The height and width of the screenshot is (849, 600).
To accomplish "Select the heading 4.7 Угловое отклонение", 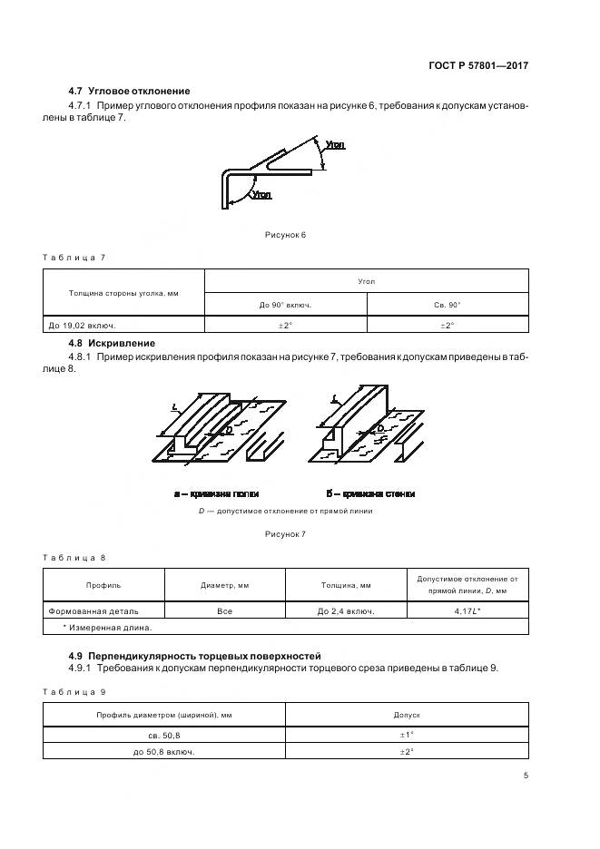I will pyautogui.click(x=129, y=91).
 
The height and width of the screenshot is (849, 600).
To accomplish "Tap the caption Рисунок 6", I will pyautogui.click(x=285, y=235).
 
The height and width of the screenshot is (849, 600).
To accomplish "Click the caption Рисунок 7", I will pyautogui.click(x=285, y=534).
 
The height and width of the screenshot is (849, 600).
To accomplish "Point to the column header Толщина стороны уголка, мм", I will pyautogui.click(x=123, y=293).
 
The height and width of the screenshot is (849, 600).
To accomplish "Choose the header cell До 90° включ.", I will pyautogui.click(x=285, y=305).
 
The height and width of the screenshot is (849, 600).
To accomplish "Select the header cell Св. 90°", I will pyautogui.click(x=448, y=305).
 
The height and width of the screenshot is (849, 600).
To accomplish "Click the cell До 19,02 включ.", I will pyautogui.click(x=82, y=325).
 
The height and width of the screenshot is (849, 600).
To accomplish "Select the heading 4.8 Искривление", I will pyautogui.click(x=112, y=343).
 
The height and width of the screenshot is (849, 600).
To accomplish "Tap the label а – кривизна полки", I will pyautogui.click(x=216, y=494).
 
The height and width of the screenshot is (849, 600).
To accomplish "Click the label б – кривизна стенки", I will pyautogui.click(x=370, y=494).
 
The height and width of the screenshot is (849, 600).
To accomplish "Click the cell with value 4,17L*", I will pyautogui.click(x=467, y=611).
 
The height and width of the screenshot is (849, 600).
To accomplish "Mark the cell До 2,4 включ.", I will pyautogui.click(x=346, y=611).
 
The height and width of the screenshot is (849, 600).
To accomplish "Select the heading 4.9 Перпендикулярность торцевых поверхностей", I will pyautogui.click(x=194, y=655).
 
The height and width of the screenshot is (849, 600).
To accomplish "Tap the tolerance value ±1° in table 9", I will pyautogui.click(x=407, y=736).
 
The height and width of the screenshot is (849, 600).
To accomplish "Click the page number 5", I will pyautogui.click(x=526, y=776).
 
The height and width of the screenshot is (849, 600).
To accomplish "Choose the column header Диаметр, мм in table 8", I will pyautogui.click(x=224, y=585).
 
